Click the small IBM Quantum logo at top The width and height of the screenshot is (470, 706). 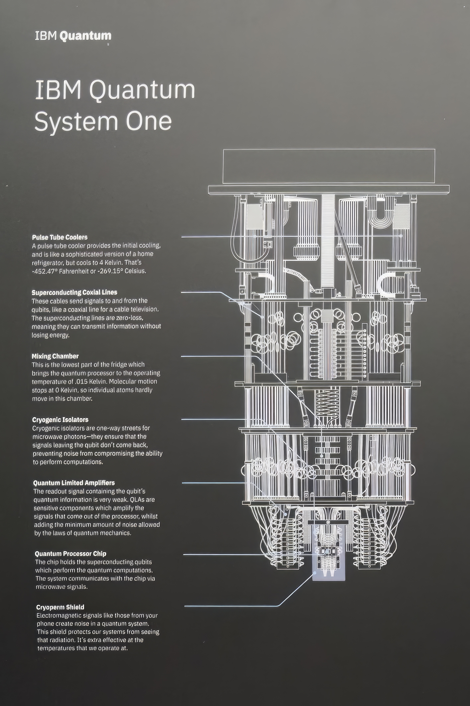(x=73, y=36)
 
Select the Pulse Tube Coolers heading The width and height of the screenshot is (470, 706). (x=60, y=237)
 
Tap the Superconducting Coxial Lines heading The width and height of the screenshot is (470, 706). (x=74, y=292)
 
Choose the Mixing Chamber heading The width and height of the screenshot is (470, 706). (x=55, y=356)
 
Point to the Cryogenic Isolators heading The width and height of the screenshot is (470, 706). (x=60, y=420)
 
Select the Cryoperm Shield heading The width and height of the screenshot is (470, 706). (x=60, y=607)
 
